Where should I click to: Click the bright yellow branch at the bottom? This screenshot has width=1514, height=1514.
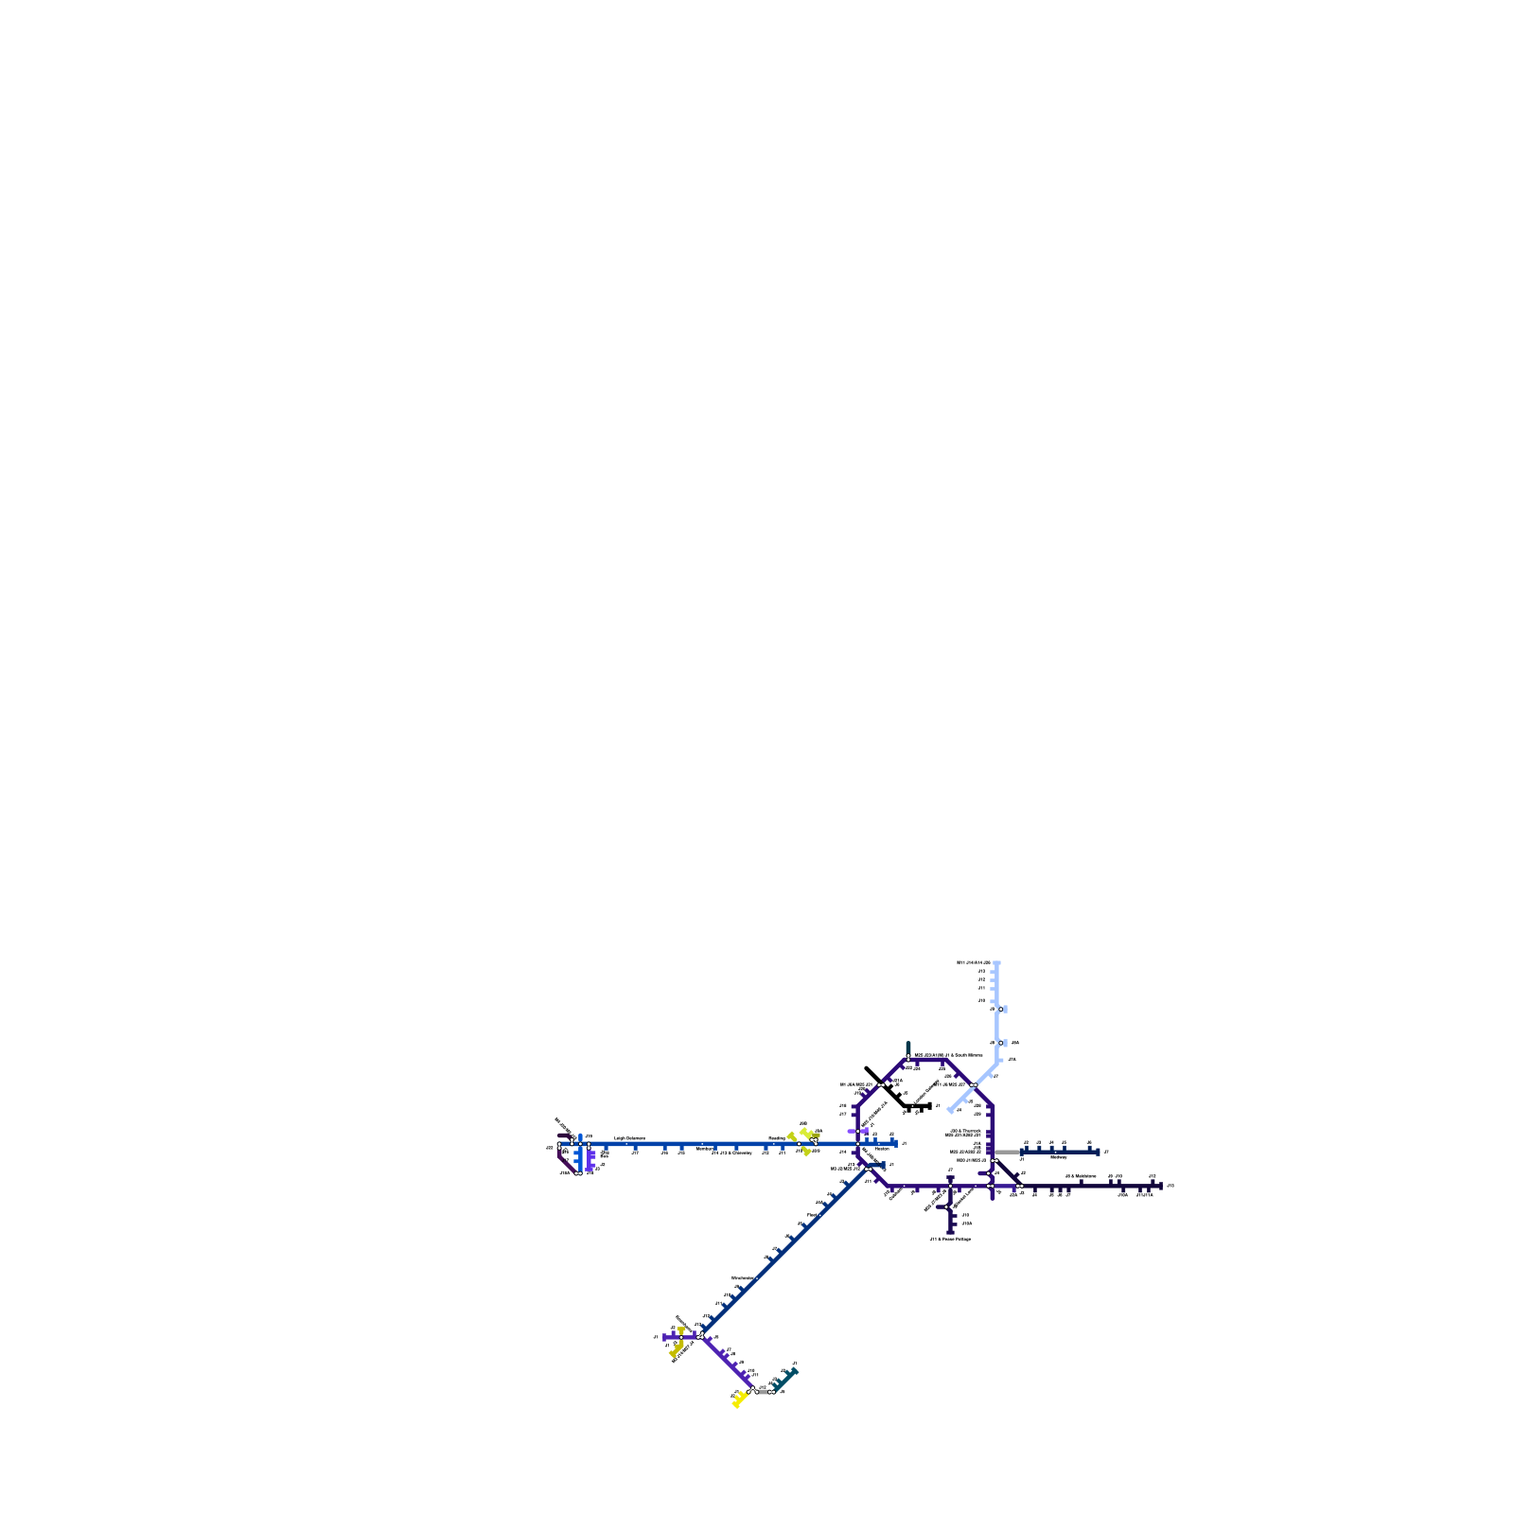(739, 1400)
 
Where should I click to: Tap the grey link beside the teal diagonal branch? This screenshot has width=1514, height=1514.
(764, 1391)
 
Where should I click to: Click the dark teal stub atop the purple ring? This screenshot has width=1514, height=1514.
(908, 1047)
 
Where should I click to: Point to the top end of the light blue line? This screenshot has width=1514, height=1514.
(997, 963)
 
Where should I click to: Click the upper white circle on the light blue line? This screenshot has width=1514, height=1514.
(1000, 1010)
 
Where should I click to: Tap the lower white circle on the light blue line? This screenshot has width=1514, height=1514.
(1000, 1043)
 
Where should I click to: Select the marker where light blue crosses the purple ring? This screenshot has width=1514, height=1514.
(974, 1085)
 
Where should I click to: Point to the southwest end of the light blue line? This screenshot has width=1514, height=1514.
(950, 1111)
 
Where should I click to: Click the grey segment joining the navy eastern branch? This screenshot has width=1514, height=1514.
(1007, 1152)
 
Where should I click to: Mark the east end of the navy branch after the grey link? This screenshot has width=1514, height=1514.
(1098, 1152)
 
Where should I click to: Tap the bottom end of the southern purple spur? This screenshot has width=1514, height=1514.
(950, 1232)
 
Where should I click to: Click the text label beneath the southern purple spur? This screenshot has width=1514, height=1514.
(950, 1239)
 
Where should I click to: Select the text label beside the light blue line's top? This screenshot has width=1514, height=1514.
(973, 962)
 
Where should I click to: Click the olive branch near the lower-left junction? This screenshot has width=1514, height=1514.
(677, 1350)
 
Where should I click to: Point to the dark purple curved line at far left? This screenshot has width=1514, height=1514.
(563, 1161)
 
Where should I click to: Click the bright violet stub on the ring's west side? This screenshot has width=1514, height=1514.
(857, 1131)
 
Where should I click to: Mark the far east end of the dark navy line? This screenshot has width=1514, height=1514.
(1160, 1186)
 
